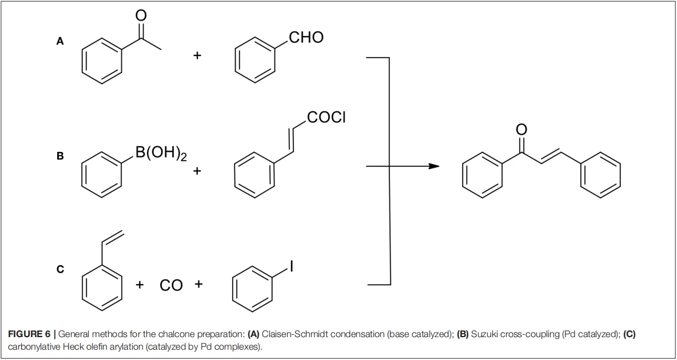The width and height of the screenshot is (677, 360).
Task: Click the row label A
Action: coord(60,42)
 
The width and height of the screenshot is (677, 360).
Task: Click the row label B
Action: coord(60,156)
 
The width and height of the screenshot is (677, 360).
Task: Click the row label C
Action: coord(60,269)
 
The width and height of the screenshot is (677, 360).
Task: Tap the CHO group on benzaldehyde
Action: coord(306,38)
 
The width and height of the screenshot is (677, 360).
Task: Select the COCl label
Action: coord(326,117)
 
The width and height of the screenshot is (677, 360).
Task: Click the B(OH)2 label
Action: coord(161,154)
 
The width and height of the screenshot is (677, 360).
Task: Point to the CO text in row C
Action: coord(171,285)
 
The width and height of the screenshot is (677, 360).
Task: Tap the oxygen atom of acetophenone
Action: coord(141,15)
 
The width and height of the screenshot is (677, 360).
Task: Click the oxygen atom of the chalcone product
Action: coord(521,130)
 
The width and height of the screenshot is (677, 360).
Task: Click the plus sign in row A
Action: coord(197,55)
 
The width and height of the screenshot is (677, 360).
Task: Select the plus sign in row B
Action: coord(197,171)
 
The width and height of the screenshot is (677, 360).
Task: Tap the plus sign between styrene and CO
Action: coord(140,285)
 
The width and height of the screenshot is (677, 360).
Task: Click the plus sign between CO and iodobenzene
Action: coord(198,285)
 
